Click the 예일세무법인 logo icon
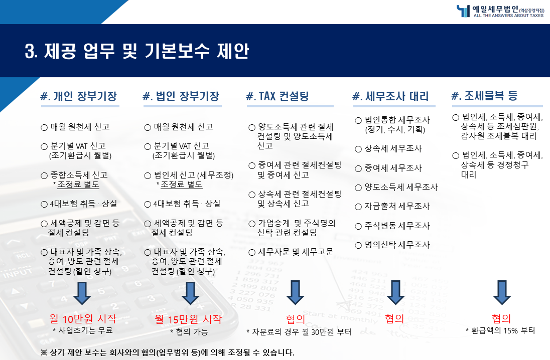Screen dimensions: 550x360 click(x=463, y=11)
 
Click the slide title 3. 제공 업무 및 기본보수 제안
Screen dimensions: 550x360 click(x=137, y=52)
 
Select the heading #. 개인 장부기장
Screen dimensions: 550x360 click(x=79, y=96)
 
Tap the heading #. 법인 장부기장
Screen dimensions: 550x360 click(x=181, y=96)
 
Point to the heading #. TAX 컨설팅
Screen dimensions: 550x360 click(x=278, y=96)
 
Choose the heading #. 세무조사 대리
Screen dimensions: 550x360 click(x=391, y=96)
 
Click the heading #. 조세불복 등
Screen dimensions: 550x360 click(x=484, y=95)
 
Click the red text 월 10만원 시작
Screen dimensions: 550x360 click(x=83, y=318)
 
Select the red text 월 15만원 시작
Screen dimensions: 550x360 click(x=188, y=319)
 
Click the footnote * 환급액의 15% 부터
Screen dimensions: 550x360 click(x=500, y=330)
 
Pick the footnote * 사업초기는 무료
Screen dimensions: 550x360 click(x=83, y=330)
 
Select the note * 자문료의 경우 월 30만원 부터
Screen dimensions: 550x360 click(x=299, y=331)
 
